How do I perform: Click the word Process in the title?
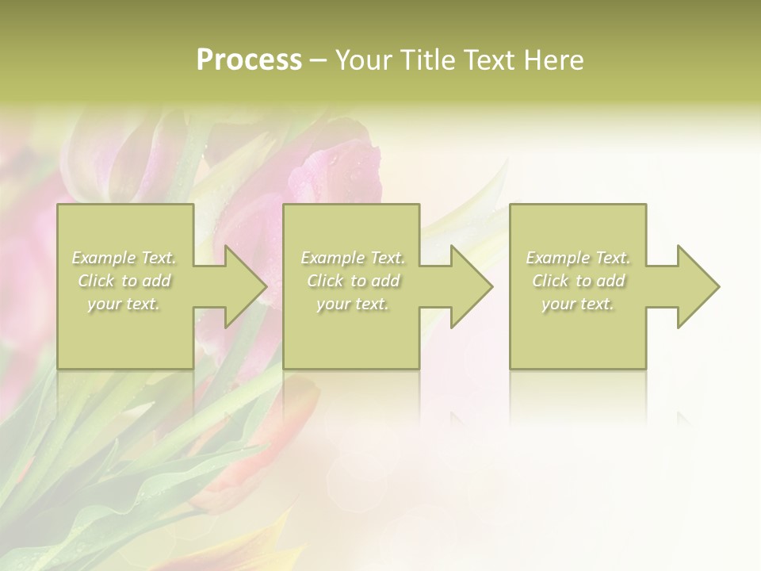tap(249, 60)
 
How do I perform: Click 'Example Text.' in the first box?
tap(124, 258)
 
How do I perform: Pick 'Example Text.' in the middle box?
tap(353, 258)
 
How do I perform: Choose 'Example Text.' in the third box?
tap(578, 258)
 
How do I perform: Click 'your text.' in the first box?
tap(124, 304)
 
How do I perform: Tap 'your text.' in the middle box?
tap(352, 304)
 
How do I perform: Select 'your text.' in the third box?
tap(577, 304)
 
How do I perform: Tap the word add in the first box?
tap(157, 281)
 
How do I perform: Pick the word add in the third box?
tap(611, 281)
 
